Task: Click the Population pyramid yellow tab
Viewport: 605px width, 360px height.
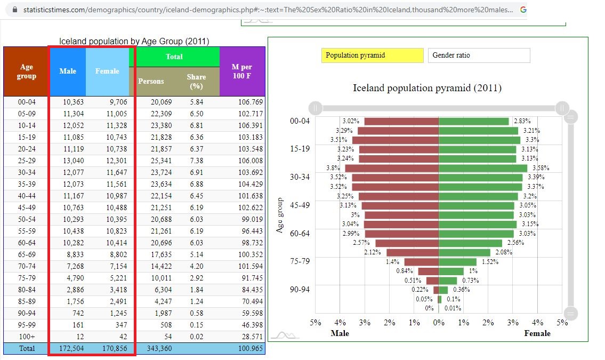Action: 373,55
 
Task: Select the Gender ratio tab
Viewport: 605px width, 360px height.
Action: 479,55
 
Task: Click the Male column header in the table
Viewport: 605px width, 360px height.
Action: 68,71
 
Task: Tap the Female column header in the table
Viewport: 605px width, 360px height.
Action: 107,71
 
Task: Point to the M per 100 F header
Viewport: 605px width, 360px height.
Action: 242,71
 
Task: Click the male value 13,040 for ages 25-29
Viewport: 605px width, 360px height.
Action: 74,161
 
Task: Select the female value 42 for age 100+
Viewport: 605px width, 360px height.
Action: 123,337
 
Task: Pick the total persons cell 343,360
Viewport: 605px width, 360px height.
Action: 159,348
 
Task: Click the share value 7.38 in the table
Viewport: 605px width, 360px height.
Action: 196,161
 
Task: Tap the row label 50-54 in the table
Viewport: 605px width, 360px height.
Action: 27,219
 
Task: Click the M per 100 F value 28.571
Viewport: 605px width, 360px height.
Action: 252,337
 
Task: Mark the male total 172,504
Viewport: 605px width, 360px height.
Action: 71,348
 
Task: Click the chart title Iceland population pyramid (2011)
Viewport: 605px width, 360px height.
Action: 427,88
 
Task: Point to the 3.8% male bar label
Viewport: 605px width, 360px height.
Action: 333,168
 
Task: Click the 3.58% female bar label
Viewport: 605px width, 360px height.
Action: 541,168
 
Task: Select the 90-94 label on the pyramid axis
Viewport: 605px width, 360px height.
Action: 300,290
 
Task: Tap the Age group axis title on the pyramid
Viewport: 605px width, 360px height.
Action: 279,215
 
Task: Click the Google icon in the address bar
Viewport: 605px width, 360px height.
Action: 523,10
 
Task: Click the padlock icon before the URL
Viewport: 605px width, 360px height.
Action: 15,10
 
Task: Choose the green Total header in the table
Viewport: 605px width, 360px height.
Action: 174,57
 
